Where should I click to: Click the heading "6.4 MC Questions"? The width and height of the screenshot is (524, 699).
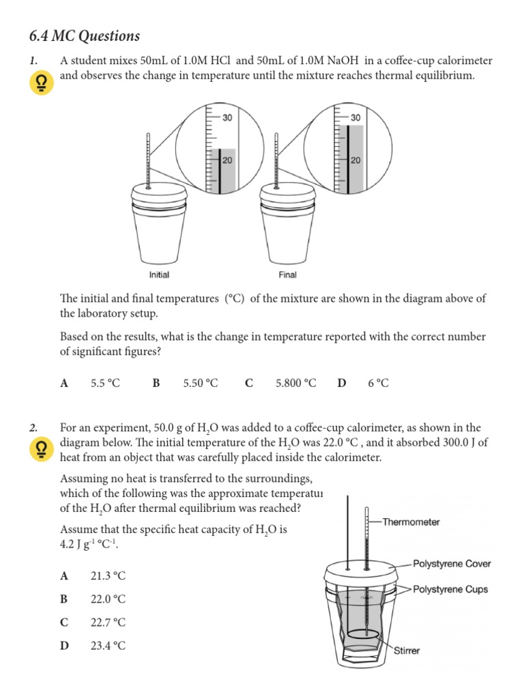(x=85, y=36)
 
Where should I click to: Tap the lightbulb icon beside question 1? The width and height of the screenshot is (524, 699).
(x=41, y=84)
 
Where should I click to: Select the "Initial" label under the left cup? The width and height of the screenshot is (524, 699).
(x=159, y=275)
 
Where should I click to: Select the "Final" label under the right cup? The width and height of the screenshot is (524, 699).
(x=287, y=275)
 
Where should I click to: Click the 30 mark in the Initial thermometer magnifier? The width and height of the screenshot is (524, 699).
(x=227, y=117)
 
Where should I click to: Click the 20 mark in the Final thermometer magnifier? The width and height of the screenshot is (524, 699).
(x=355, y=160)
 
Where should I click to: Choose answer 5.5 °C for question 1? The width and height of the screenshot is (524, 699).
(x=105, y=384)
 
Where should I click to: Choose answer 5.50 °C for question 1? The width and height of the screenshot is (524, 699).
(x=201, y=384)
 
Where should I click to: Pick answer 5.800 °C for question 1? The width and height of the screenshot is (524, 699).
(x=295, y=384)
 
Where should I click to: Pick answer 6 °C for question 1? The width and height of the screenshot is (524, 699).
(x=378, y=384)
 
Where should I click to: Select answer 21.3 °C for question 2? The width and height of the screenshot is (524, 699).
(x=108, y=576)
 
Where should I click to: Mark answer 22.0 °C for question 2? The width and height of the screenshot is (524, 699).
(x=108, y=599)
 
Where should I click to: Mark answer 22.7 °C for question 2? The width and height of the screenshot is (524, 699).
(x=108, y=623)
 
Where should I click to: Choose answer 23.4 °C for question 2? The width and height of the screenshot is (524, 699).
(x=108, y=646)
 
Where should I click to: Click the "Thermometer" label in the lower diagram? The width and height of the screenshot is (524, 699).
(x=411, y=522)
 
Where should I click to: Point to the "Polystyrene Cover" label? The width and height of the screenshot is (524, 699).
(x=452, y=564)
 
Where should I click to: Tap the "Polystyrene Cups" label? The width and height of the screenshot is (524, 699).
(x=450, y=589)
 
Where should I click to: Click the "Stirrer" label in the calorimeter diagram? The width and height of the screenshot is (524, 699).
(x=407, y=651)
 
